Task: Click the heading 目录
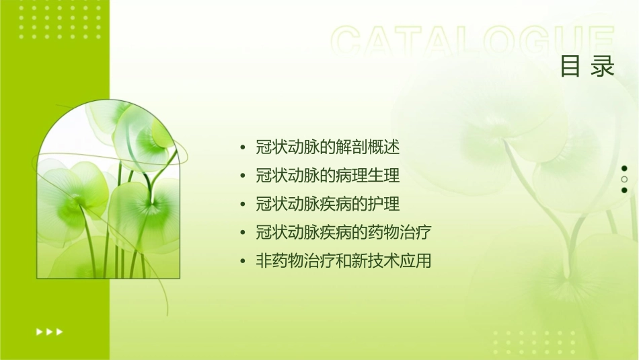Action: pyautogui.click(x=587, y=67)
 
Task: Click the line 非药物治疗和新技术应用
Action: pyautogui.click(x=343, y=260)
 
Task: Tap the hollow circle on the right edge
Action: pyautogui.click(x=624, y=179)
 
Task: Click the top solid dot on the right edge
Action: pyautogui.click(x=624, y=168)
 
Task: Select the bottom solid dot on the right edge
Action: pyautogui.click(x=624, y=190)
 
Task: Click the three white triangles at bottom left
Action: pyautogui.click(x=50, y=331)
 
